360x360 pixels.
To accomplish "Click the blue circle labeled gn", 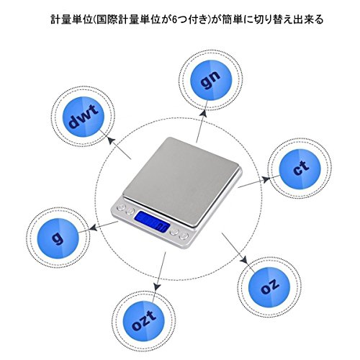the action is pyautogui.click(x=211, y=78).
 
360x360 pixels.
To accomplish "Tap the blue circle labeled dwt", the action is pyautogui.click(x=84, y=117).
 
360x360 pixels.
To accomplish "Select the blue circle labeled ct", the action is pyautogui.click(x=300, y=169).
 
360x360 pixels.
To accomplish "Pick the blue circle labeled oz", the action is pyautogui.click(x=269, y=287).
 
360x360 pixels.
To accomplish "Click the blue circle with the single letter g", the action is pyautogui.click(x=58, y=238).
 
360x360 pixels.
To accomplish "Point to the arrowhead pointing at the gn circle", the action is pyautogui.click(x=204, y=112).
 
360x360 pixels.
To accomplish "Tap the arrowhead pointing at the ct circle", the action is pyautogui.click(x=266, y=179).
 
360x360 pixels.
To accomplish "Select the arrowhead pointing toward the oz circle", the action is pyautogui.click(x=244, y=260).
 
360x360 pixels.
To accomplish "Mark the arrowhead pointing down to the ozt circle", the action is pyautogui.click(x=157, y=286).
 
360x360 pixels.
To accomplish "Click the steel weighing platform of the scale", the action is pyautogui.click(x=181, y=180).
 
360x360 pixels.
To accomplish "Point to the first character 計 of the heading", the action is pyautogui.click(x=55, y=19).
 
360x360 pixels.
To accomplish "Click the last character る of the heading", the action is pyautogui.click(x=318, y=19).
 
